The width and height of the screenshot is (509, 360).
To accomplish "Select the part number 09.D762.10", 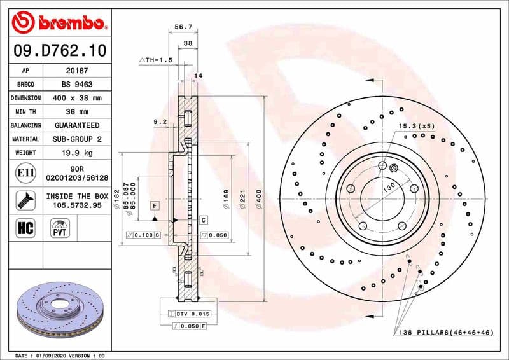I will pos(59,50).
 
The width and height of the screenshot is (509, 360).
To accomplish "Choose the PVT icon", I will pos(59,228).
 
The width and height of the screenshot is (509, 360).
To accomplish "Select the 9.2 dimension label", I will pos(160,121).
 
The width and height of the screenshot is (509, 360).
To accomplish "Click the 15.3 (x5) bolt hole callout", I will pos(417,126).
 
